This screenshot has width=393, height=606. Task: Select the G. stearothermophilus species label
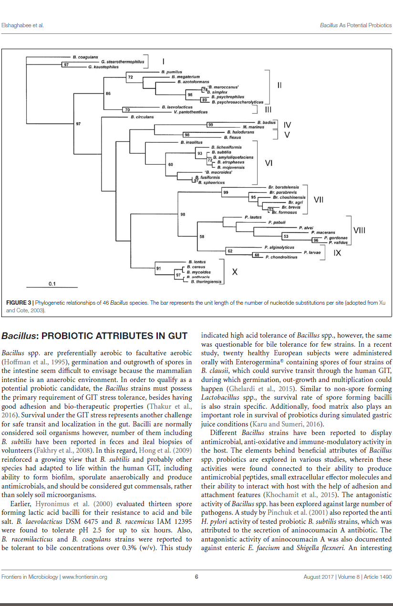(122, 62)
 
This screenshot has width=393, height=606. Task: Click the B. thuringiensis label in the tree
(206, 282)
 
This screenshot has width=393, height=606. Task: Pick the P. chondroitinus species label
(281, 257)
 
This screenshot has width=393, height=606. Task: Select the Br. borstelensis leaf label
(283, 187)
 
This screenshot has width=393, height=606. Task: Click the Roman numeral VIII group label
(359, 230)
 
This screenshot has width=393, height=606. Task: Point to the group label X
(235, 272)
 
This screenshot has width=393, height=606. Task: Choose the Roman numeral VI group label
(269, 163)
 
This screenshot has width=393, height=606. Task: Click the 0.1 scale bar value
(52, 284)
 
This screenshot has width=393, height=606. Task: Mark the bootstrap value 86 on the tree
(108, 94)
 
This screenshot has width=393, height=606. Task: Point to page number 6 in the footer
(196, 576)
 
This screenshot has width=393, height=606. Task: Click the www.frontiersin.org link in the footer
(84, 577)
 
